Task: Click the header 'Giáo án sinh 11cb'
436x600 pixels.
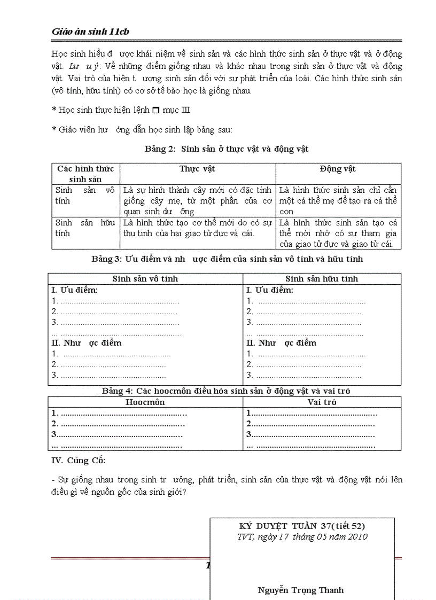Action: tap(91, 32)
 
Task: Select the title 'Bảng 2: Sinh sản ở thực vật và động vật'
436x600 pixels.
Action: tap(227, 149)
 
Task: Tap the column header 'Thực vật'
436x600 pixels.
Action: tap(197, 169)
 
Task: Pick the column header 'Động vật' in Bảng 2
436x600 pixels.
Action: tap(338, 169)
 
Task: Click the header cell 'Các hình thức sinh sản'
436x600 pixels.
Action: tap(85, 174)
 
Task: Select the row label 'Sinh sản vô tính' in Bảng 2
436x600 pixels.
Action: tap(85, 196)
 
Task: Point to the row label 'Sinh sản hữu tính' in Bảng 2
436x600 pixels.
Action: tap(85, 228)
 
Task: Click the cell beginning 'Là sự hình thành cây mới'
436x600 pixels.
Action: tap(197, 201)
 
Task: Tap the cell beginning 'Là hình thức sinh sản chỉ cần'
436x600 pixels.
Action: tap(338, 201)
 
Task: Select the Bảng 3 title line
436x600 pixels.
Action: tap(227, 259)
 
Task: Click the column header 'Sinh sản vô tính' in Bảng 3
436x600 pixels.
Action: tap(145, 279)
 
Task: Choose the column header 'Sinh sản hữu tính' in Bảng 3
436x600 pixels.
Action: tap(322, 279)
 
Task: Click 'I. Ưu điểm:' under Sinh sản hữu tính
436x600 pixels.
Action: tap(270, 290)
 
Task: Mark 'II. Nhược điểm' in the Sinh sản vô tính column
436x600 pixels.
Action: tap(87, 343)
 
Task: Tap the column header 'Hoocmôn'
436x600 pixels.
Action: tap(145, 402)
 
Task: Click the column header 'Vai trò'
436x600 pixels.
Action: tap(322, 402)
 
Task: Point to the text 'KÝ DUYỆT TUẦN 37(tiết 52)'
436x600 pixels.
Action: tap(302, 526)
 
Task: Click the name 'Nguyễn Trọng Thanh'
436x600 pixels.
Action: tap(301, 590)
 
